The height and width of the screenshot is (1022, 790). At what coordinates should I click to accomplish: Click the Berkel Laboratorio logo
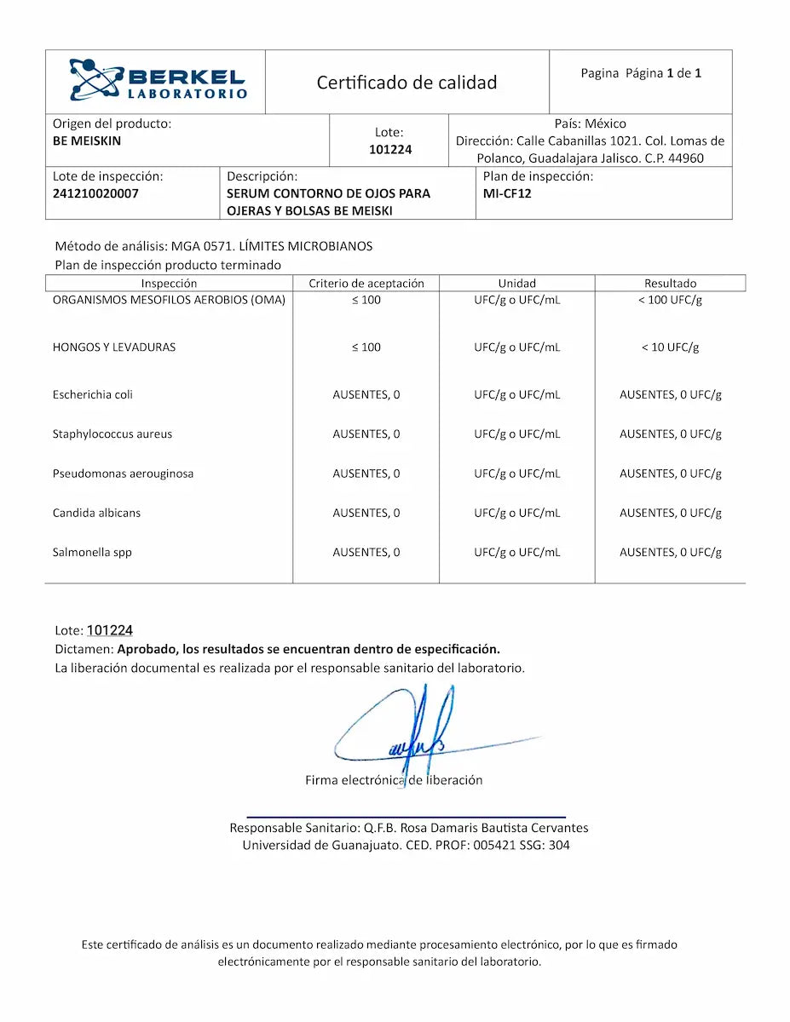158,81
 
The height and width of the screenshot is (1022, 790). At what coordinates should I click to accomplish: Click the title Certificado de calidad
407,83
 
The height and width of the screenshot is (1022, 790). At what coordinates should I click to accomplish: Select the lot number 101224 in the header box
390,150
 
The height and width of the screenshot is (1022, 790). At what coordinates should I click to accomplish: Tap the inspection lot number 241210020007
95,193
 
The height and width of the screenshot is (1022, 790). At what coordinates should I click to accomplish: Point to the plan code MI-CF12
507,193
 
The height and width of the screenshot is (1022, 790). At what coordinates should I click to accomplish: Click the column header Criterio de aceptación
366,283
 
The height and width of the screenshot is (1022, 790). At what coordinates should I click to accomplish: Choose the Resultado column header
670,283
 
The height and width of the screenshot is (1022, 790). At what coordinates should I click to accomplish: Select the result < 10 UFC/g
670,347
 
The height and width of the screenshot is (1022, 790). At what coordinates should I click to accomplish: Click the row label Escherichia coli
93,394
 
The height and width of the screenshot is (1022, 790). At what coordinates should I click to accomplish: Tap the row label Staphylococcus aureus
112,433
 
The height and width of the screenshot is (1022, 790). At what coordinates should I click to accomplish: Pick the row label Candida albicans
96,513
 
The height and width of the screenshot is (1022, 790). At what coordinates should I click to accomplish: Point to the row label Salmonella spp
92,552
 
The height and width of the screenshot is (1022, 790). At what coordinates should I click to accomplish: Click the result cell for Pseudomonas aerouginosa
670,474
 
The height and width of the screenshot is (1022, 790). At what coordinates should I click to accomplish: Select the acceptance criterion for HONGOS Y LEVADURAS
366,347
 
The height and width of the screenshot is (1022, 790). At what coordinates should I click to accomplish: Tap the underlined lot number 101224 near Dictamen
110,630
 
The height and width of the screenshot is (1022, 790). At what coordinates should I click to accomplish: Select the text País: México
590,123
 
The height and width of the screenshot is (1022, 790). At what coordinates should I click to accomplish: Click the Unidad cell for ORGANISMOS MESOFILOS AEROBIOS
517,300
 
